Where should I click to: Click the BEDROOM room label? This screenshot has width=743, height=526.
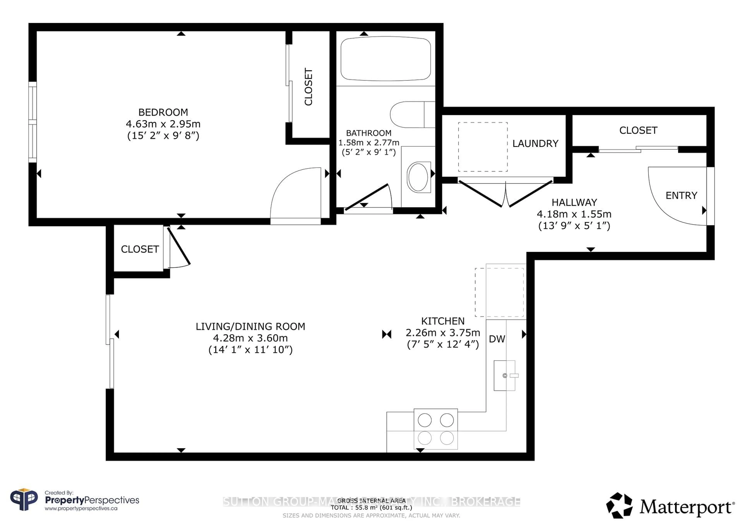point(163,112)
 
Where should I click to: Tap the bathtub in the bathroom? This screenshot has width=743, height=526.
point(385,59)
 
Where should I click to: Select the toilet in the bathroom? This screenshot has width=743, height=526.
point(411,115)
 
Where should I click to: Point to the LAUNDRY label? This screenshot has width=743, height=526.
point(535,144)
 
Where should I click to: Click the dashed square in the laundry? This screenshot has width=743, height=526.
point(483,147)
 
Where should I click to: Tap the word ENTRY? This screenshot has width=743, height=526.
point(681,196)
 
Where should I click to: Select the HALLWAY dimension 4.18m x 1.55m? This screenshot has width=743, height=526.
point(574,214)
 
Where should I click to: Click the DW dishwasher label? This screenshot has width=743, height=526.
point(497,339)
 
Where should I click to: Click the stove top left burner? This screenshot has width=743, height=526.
point(425,420)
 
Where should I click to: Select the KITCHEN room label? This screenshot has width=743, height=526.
point(443,321)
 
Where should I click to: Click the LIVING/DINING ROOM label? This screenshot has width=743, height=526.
point(250,327)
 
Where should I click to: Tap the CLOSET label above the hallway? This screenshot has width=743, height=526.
point(638,131)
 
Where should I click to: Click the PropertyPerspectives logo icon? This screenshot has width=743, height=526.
point(24,500)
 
